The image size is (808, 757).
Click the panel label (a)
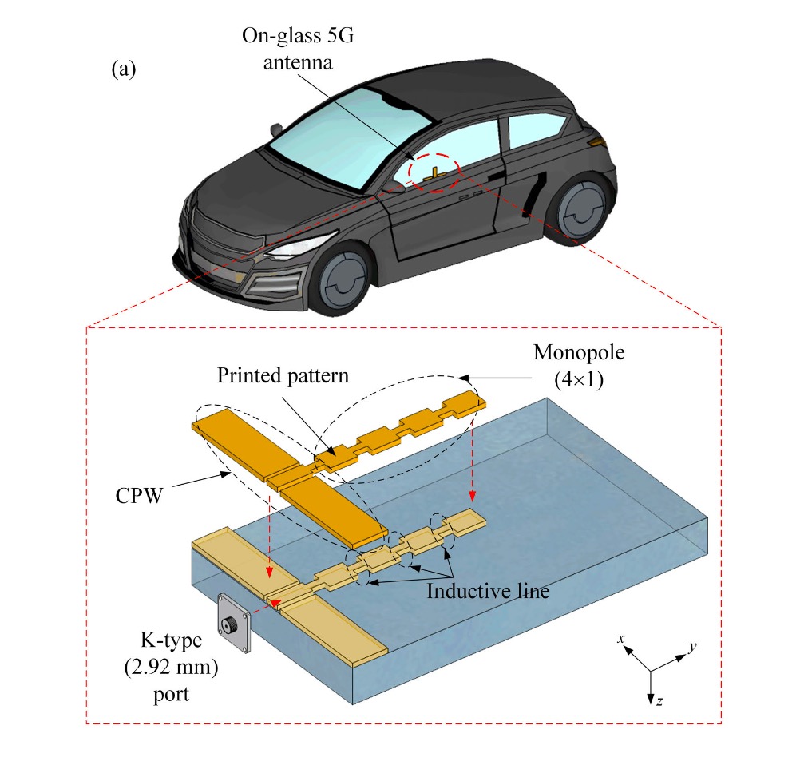click(x=124, y=69)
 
